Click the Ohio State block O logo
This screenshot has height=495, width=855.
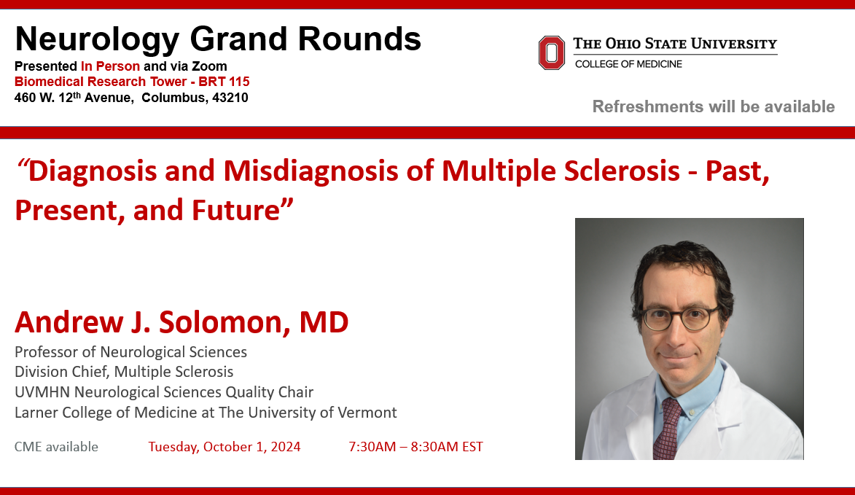[x=551, y=53]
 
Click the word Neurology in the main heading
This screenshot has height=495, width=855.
[x=97, y=40]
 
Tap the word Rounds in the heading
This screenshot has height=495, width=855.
[x=359, y=39]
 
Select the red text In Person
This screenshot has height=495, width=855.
[x=110, y=66]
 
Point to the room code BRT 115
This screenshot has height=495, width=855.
[x=224, y=82]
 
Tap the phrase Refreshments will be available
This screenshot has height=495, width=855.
[x=713, y=106]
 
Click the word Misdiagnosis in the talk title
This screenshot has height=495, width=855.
[x=311, y=171]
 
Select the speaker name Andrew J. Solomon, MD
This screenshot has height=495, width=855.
[x=181, y=321]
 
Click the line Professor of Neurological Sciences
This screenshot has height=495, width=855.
[x=131, y=352]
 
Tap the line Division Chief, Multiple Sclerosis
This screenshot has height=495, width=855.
[x=124, y=372]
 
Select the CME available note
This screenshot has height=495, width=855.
[x=56, y=447]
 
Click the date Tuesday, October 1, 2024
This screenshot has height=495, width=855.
[x=224, y=447]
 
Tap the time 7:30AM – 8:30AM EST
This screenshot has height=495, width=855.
[x=415, y=447]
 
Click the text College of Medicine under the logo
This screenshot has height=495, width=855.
[x=629, y=64]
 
